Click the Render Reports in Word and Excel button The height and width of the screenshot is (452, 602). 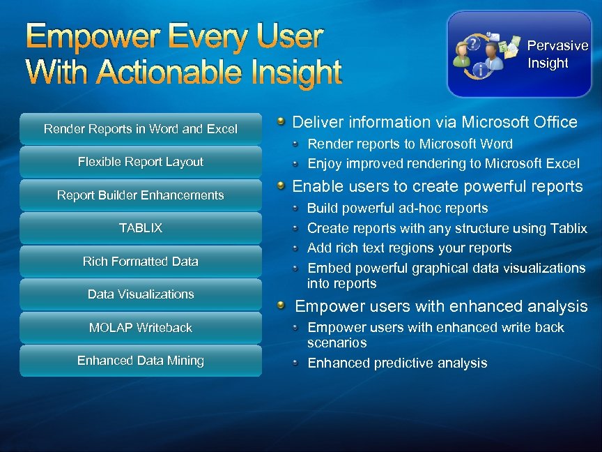pyautogui.click(x=140, y=129)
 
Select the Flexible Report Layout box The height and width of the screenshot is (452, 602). pyautogui.click(x=140, y=162)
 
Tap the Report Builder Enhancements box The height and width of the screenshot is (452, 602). pyautogui.click(x=140, y=195)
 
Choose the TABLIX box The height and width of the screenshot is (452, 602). pyautogui.click(x=140, y=228)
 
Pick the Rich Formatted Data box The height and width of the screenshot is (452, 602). pyautogui.click(x=140, y=262)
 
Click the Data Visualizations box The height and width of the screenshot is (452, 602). pyautogui.click(x=140, y=294)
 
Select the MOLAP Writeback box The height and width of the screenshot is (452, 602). pyautogui.click(x=140, y=328)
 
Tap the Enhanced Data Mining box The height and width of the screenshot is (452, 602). pyautogui.click(x=140, y=361)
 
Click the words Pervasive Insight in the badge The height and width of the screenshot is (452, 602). pyautogui.click(x=557, y=54)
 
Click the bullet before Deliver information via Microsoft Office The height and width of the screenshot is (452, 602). pyautogui.click(x=280, y=122)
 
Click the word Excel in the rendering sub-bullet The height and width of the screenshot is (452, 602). pyautogui.click(x=561, y=164)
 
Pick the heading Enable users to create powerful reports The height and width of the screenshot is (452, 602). pyautogui.click(x=437, y=186)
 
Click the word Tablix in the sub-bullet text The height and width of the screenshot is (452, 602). pyautogui.click(x=569, y=228)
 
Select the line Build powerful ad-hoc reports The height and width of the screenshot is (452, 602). pyautogui.click(x=397, y=208)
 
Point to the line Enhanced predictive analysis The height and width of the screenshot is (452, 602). pyautogui.click(x=397, y=363)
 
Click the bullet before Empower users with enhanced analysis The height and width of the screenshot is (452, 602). pyautogui.click(x=280, y=306)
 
